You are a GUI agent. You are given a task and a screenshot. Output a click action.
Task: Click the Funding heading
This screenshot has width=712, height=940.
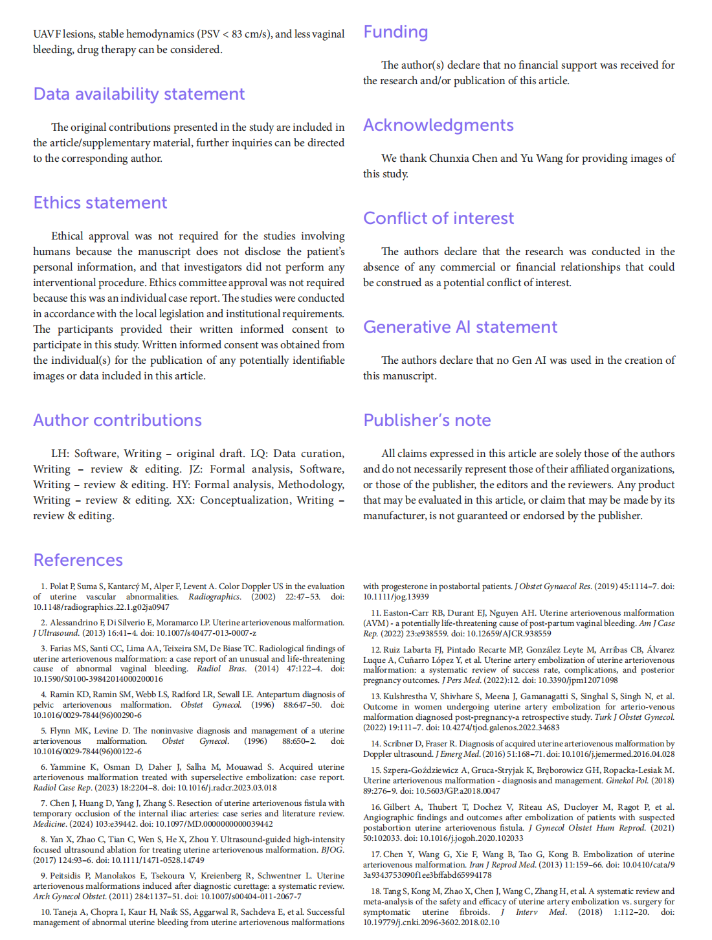coord(395,32)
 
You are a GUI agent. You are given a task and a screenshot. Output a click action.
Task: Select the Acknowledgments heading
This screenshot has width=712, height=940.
coord(438,126)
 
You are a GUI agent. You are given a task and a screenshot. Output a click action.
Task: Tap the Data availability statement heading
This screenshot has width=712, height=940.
coord(139,95)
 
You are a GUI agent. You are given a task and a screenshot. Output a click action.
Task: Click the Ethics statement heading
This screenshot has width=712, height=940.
coord(100,203)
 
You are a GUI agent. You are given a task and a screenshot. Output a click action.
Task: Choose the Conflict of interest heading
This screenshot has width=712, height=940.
coord(438,219)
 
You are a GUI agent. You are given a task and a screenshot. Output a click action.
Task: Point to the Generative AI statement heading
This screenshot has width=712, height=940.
coord(460,328)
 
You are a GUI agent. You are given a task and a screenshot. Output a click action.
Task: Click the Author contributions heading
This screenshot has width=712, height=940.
coord(117,421)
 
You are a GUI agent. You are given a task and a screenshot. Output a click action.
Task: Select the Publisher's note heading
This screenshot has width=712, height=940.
coord(427,421)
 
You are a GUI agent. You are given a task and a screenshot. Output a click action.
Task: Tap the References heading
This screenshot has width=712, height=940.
coord(78,561)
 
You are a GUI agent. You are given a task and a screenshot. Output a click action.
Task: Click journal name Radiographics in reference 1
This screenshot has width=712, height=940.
coord(214,597)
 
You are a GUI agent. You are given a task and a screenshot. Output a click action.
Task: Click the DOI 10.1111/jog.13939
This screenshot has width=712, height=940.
coord(395,597)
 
